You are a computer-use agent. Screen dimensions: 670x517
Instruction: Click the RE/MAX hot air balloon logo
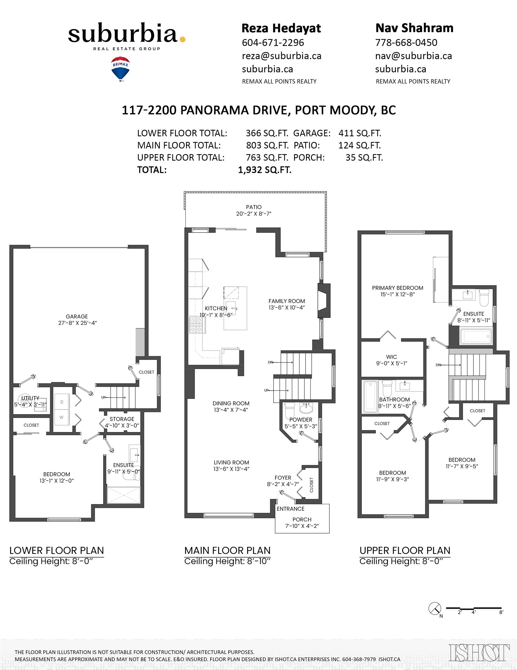point(121,68)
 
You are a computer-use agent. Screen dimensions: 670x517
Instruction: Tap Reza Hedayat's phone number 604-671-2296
point(273,42)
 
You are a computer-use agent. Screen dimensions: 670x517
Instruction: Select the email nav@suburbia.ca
point(413,56)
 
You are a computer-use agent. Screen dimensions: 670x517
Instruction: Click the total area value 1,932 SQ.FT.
point(265,170)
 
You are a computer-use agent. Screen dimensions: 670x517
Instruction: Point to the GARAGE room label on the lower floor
point(77,316)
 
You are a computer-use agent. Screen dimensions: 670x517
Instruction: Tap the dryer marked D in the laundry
point(62,402)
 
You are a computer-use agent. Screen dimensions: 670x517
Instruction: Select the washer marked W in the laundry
point(62,417)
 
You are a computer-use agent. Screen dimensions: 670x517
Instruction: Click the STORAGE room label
point(122,419)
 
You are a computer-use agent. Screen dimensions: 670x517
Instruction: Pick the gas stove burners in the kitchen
point(197,325)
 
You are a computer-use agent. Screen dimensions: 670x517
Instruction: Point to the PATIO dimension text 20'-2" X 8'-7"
point(254,213)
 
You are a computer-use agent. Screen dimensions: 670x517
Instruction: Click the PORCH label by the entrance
point(302,519)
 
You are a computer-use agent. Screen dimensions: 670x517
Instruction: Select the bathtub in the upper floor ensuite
point(476,336)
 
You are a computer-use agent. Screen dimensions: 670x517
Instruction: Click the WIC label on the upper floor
point(391,357)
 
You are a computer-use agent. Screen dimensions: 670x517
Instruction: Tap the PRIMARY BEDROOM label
point(398,288)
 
